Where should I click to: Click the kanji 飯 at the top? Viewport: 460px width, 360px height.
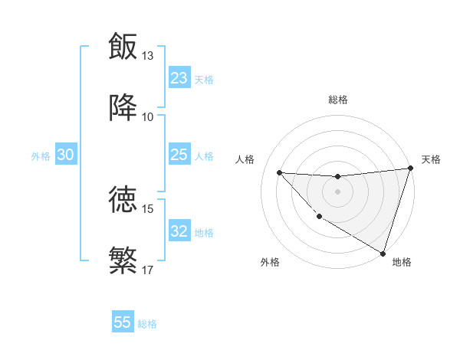[x=123, y=47]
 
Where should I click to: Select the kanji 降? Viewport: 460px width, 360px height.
[x=123, y=108]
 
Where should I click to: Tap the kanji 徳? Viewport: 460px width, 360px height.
[x=123, y=199]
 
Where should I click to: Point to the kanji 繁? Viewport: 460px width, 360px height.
[x=123, y=260]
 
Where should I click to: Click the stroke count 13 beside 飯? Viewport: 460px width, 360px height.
[x=148, y=56]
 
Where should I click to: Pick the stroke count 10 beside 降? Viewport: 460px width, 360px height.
[x=148, y=117]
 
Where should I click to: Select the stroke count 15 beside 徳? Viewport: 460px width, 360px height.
[x=148, y=208]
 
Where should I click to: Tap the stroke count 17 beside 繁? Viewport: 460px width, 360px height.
[x=148, y=270]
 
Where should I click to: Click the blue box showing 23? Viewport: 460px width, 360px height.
[x=179, y=78]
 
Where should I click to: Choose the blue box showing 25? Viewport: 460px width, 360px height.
[x=179, y=155]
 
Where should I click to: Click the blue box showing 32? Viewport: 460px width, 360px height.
[x=179, y=231]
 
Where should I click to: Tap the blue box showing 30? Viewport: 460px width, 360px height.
[x=66, y=155]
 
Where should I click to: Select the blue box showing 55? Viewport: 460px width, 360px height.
[x=123, y=322]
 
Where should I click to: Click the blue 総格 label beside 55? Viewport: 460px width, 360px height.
[x=147, y=324]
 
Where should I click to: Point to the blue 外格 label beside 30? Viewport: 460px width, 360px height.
[x=41, y=156]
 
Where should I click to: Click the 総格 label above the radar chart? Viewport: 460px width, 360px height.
[x=337, y=100]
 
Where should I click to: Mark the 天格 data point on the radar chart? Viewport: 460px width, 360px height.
[x=410, y=169]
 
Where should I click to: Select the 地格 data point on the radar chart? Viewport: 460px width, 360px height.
[x=383, y=253]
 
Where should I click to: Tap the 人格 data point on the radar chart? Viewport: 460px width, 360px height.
[x=279, y=172]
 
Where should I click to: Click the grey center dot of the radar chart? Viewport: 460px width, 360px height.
[x=337, y=191]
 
